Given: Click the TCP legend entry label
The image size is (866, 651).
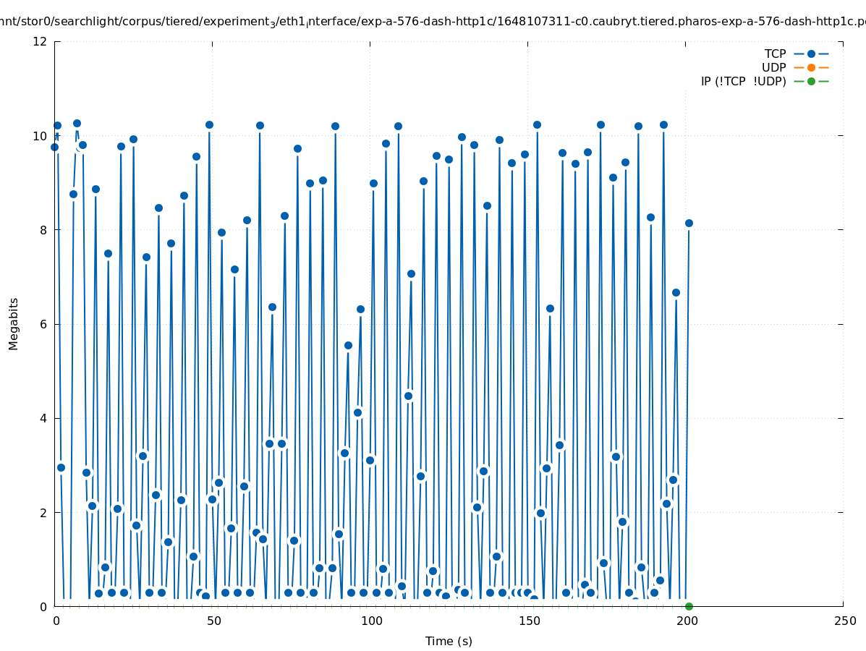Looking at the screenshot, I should point(775,54).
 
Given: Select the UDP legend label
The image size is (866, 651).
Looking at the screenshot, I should point(773,67).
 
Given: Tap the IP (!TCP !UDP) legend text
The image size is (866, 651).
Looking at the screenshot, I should point(743,81).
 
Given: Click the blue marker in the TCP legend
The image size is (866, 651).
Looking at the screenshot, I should point(811,54).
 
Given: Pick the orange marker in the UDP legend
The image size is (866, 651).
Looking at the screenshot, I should point(811,67).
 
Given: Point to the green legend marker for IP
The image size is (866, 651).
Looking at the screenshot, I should point(811,81).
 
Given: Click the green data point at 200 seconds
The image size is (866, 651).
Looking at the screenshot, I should point(689,606).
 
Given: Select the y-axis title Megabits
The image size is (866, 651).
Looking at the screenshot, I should point(14,323).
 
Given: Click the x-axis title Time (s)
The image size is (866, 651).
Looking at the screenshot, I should point(449,641).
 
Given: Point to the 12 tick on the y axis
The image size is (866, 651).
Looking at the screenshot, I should point(41,41).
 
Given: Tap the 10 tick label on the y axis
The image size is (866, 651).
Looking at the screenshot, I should point(41,136).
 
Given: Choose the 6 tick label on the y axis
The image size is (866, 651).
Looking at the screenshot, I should point(44,324).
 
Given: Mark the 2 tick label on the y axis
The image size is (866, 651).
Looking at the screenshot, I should point(44,512).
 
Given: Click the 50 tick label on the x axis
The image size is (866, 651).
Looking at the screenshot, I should point(213,621).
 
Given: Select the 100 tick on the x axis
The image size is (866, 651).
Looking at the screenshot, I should point(370,621).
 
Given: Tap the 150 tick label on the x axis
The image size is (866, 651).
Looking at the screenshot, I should point(528,621).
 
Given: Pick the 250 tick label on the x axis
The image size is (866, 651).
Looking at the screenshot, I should point(844,621).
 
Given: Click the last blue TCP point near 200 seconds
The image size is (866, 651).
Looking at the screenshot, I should point(689,223).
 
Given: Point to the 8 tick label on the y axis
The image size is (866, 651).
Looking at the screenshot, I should point(44,230).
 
